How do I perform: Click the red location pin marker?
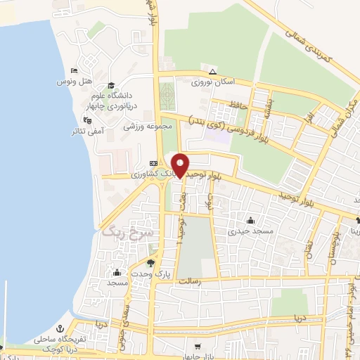pyautogui.click(x=181, y=165)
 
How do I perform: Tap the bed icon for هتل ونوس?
pyautogui.click(x=75, y=71)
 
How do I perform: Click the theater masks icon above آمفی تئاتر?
pyautogui.click(x=86, y=120)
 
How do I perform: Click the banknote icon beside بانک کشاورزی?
pyautogui.click(x=154, y=162)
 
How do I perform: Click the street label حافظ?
pyautogui.click(x=236, y=105)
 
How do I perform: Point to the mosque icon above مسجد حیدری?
pyautogui.click(x=250, y=219)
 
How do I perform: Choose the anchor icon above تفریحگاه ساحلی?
pyautogui.click(x=60, y=328)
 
